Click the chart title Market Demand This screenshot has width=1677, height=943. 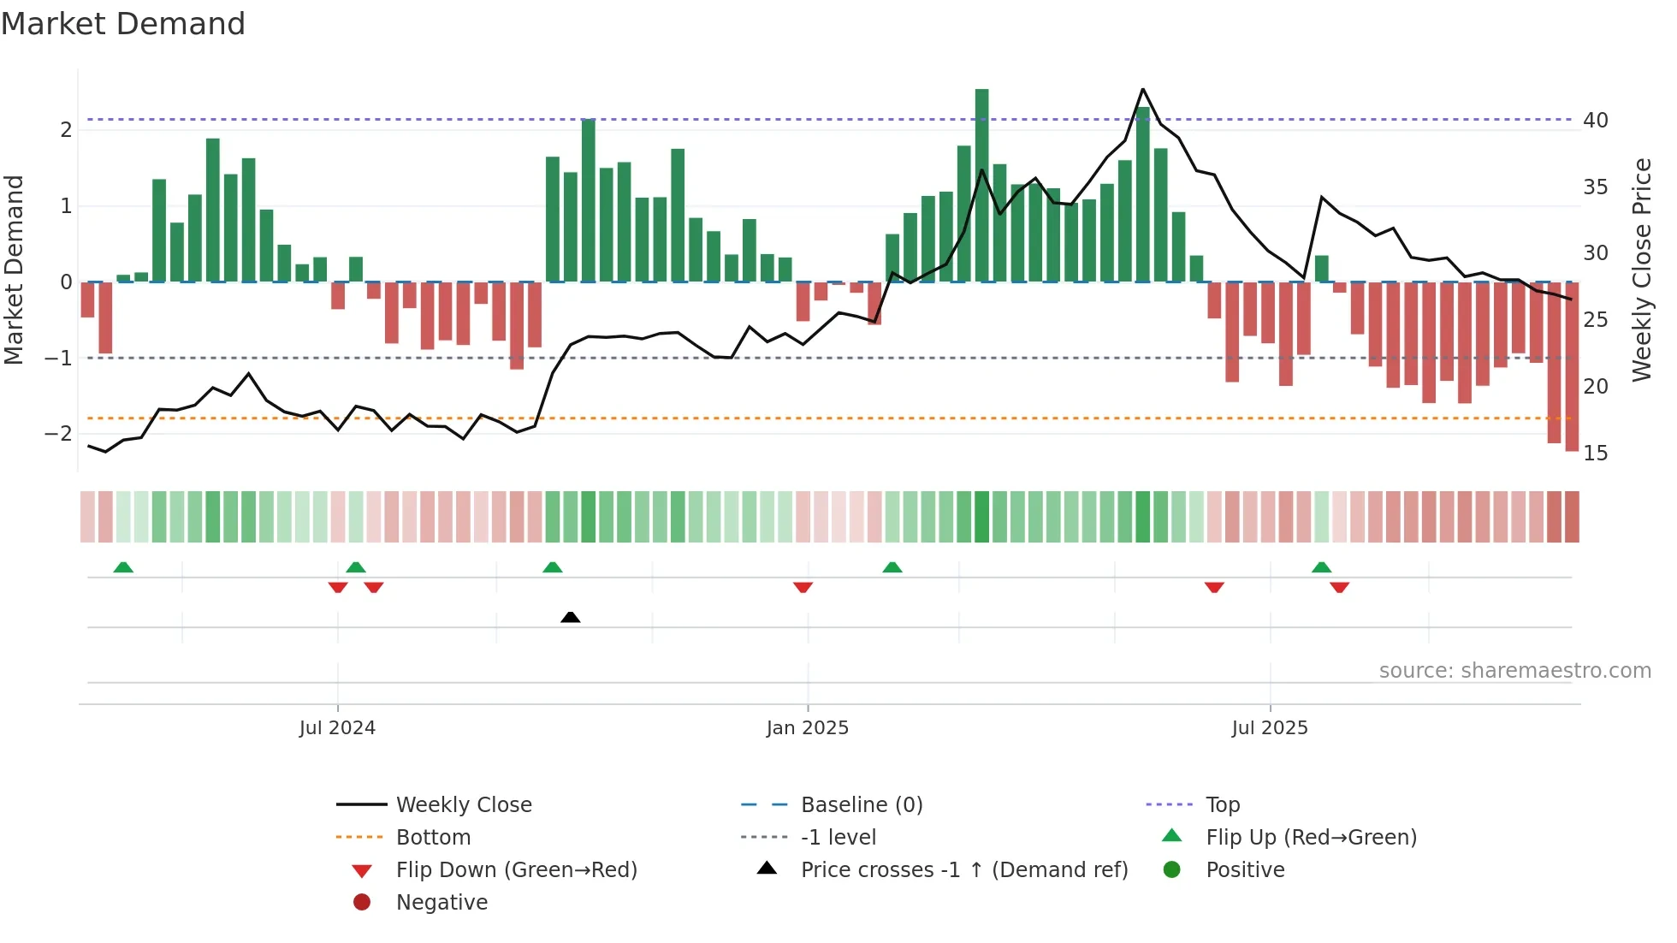123,24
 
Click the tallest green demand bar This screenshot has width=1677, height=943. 981,185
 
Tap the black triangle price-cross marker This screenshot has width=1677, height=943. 570,617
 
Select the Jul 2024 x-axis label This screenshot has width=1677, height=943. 337,728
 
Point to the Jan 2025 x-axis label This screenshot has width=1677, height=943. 807,728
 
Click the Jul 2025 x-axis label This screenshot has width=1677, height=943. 1270,728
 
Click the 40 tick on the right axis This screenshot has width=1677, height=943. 1595,121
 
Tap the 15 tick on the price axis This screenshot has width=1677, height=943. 1595,454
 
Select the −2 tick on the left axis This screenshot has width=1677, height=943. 59,434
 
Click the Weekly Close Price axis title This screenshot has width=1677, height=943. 1641,270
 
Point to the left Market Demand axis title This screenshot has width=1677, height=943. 14,270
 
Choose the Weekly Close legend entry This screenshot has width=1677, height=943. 464,805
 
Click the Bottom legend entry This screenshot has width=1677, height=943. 433,838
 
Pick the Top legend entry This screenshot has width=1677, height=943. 1223,805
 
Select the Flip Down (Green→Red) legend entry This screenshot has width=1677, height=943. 516,870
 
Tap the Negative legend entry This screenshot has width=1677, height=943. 441,903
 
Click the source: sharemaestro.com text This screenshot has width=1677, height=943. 1514,671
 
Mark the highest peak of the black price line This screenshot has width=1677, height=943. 1143,89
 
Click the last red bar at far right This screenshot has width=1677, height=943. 1572,366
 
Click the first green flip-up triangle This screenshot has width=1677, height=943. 123,567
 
